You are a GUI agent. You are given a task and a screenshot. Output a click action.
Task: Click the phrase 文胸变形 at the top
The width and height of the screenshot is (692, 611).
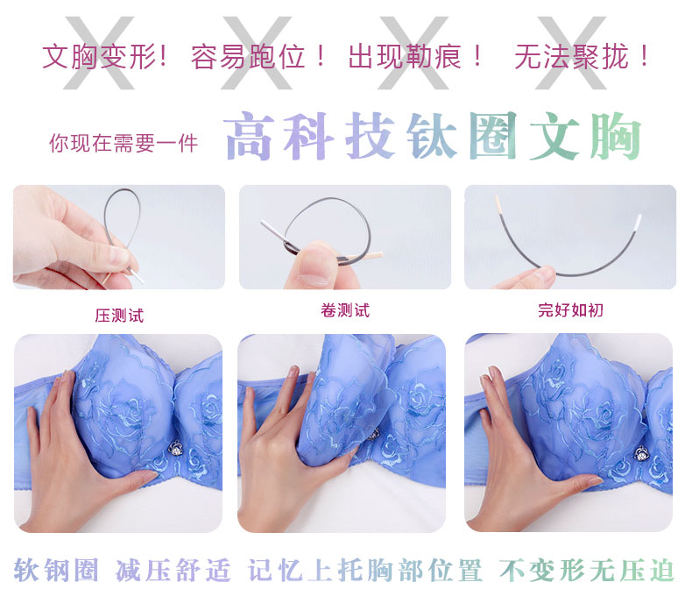point(100,57)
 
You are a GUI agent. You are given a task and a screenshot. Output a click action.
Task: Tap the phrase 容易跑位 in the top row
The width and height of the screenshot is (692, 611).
point(248,57)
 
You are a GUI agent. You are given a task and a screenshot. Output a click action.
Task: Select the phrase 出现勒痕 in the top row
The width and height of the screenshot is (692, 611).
point(405,57)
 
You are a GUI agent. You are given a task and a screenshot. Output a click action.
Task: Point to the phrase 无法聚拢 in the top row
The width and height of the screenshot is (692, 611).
point(571,57)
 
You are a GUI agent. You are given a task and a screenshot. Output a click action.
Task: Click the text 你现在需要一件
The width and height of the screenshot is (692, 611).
point(124,143)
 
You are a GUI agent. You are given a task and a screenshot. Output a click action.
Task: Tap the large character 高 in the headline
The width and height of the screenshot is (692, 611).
point(250,135)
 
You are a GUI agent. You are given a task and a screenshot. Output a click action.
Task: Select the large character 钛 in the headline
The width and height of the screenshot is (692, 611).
point(432,135)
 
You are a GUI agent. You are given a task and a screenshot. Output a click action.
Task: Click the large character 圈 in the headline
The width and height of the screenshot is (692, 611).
point(492,135)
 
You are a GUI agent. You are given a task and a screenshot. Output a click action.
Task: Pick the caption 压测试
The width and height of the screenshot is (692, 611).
point(119,316)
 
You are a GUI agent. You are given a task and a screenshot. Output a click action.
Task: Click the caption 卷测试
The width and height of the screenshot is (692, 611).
point(345,310)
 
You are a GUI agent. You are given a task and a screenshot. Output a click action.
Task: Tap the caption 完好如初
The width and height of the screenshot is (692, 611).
point(570,310)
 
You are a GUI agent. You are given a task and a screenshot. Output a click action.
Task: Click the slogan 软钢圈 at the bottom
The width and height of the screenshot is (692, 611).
point(56,570)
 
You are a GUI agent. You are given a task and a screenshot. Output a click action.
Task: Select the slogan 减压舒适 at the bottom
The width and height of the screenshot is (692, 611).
point(173,570)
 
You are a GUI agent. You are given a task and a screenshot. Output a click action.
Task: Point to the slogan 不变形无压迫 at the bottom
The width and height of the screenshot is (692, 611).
point(587,570)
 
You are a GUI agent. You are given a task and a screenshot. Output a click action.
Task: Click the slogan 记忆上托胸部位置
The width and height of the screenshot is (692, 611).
point(365,570)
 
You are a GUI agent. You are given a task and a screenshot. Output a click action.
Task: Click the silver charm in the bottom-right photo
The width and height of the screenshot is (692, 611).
point(641,453)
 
